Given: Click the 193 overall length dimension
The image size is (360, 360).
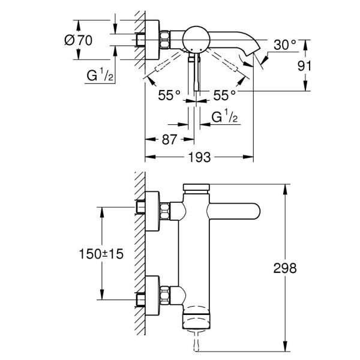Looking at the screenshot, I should point(200,158).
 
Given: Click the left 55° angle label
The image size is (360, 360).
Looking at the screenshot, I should point(169,95).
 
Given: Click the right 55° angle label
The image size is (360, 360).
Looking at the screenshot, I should point(224,95).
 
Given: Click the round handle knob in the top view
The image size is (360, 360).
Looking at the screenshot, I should point(196,38).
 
